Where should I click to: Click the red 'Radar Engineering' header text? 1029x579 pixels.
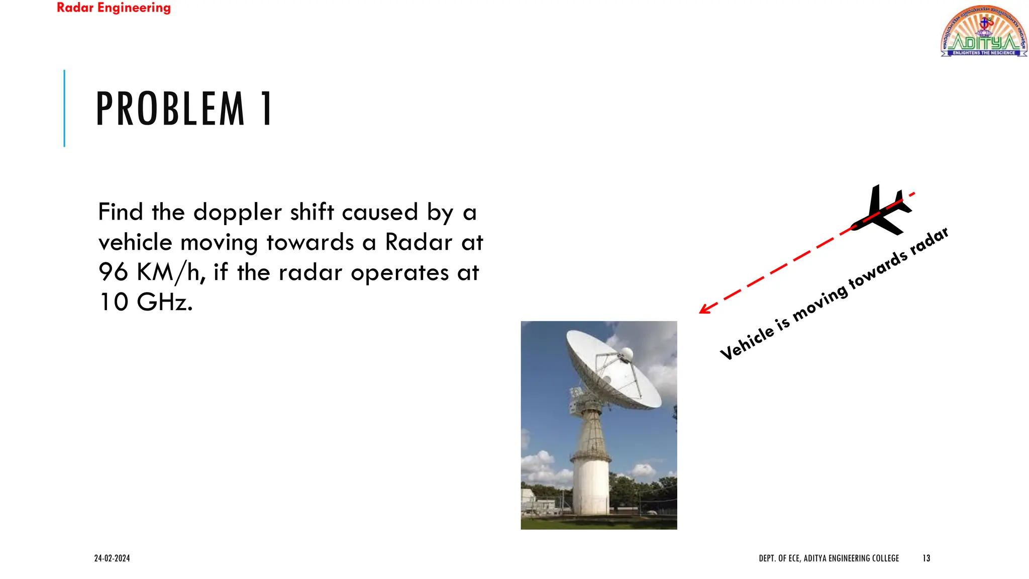coord(114,8)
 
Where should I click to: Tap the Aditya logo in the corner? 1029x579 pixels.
coord(983,32)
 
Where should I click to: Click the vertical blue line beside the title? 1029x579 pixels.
coord(64,108)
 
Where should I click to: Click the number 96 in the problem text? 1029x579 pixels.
coord(113,272)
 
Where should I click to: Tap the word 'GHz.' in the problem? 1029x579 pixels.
coord(164,303)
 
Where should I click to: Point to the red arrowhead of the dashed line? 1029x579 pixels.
coord(704,309)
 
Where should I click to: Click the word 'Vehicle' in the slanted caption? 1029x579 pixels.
coord(746,342)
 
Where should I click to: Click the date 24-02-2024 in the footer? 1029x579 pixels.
coord(112,558)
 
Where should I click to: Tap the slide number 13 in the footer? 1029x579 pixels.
coord(926,558)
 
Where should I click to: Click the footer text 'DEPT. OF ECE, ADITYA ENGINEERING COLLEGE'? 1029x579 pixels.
coord(829,558)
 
